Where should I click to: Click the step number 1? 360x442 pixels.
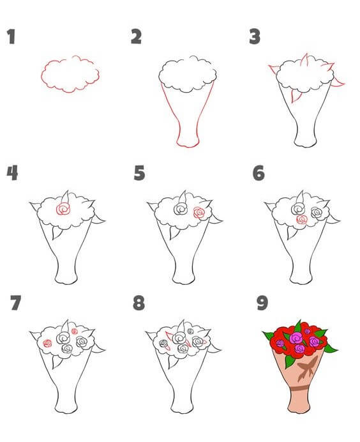tap(11, 36)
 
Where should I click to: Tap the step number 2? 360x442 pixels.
tap(136, 36)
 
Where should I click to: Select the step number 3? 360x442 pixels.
tap(255, 36)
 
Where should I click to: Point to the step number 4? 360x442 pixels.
tap(12, 173)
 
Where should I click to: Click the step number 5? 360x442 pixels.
tap(139, 173)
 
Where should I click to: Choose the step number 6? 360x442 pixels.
tap(259, 173)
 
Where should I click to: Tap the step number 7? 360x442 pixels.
tap(15, 303)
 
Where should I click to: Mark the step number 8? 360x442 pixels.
tap(139, 303)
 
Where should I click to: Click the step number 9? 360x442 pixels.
tap(262, 303)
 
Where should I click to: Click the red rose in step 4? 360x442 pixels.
tap(63, 210)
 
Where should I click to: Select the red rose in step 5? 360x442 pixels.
tap(200, 213)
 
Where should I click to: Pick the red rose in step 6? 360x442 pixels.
tap(302, 219)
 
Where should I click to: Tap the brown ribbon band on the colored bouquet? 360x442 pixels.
tap(299, 389)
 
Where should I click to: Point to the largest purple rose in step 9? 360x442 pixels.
tap(296, 337)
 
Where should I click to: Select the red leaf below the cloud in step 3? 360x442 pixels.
tap(295, 96)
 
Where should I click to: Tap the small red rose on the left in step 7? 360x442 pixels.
tap(47, 343)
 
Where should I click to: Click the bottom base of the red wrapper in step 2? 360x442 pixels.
tap(188, 146)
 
